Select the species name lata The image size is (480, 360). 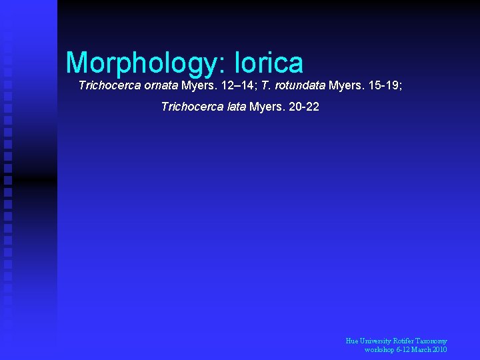tap(236, 107)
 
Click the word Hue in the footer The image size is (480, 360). tap(352, 341)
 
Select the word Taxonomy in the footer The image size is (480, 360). tap(435, 341)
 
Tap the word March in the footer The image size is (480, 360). tap(419, 350)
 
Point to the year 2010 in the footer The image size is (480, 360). tap(439, 350)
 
